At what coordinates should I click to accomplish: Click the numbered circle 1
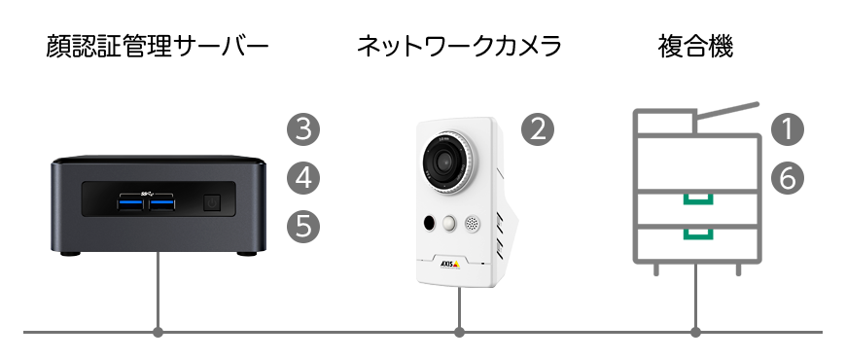pos(788,129)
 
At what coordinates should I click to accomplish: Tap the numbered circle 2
pos(538,129)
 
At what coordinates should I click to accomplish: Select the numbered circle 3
pos(303,129)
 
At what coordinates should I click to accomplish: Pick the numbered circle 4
pos(303,178)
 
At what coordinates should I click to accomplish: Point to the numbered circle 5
pos(303,226)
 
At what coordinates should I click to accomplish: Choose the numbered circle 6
pos(788,178)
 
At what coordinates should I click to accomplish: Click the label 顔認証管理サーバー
pos(157,47)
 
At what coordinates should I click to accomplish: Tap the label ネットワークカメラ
pos(459,47)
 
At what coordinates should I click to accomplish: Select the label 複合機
pos(695,47)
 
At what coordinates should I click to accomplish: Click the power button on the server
pos(213,203)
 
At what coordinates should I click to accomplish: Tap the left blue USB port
pos(131,204)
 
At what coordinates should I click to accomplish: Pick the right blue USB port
pos(161,204)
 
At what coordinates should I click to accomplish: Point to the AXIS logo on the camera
pos(449,264)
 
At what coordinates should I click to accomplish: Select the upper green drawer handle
pos(698,199)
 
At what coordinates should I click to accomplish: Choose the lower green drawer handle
pos(698,234)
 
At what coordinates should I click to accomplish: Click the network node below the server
pos(158,332)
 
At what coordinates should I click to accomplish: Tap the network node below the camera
pos(459,332)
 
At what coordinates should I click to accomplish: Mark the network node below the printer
pos(696,332)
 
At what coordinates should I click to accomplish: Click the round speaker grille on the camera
pos(472,224)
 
